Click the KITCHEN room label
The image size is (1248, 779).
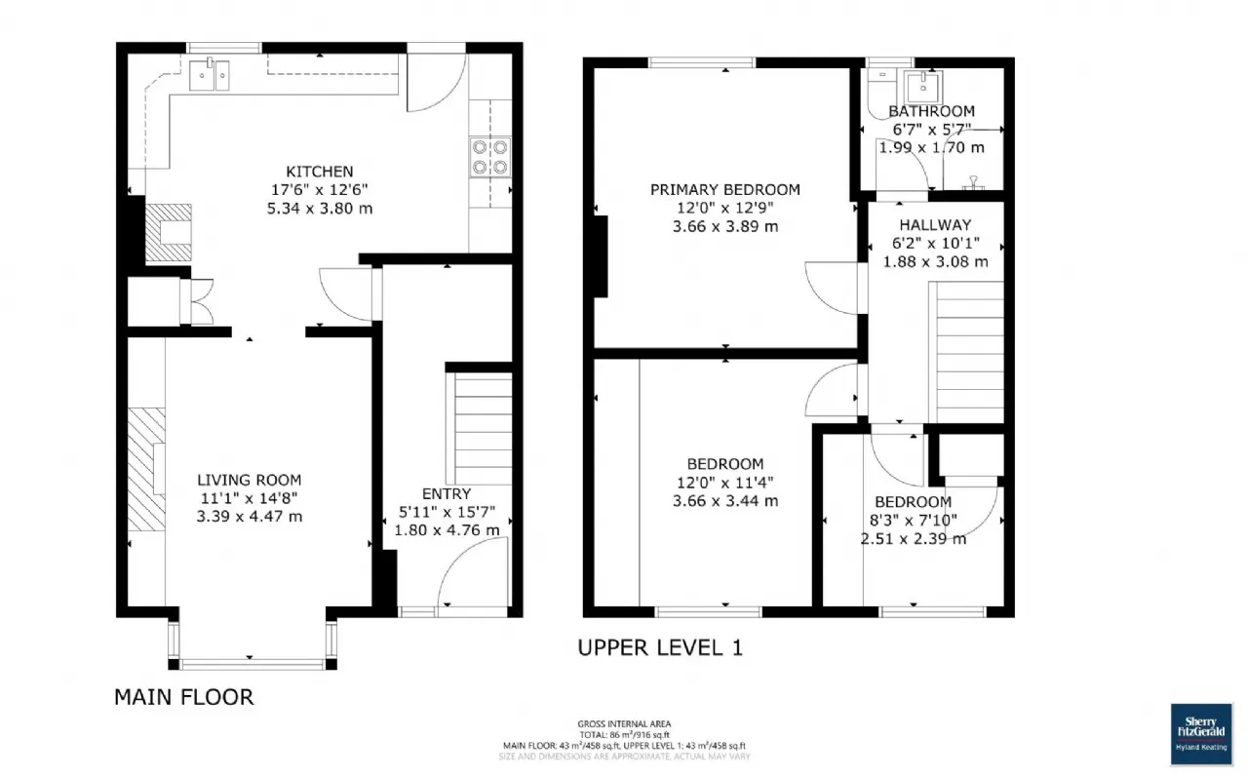[319, 172]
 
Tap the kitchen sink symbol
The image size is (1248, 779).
[210, 74]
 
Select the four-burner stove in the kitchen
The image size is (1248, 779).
[489, 157]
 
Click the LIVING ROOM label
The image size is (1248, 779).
[249, 480]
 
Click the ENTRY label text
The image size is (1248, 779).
[447, 493]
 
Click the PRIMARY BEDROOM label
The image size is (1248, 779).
[724, 189]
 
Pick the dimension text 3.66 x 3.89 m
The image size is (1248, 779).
[724, 226]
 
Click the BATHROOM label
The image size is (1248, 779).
[931, 111]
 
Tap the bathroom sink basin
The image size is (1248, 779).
[920, 87]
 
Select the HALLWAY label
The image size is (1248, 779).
[935, 224]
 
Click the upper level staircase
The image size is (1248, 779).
[969, 351]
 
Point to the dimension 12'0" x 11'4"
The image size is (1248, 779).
[724, 483]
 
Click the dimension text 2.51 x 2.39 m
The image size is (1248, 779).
[913, 538]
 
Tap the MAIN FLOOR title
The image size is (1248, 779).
[183, 697]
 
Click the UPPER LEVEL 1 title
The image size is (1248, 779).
[660, 647]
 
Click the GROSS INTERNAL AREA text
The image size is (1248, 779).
[624, 723]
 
